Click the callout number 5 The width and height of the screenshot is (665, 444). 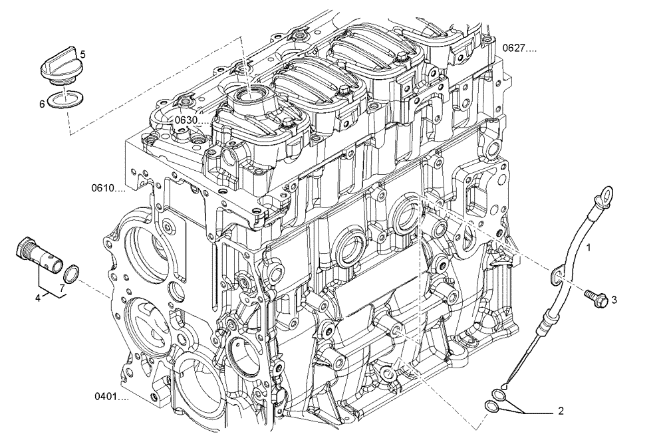tap(82, 53)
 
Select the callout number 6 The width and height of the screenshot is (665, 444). tap(42, 104)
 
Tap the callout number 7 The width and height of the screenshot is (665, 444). tap(61, 287)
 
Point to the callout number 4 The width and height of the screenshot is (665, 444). tap(38, 298)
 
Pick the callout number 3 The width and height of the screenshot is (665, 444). tap(614, 300)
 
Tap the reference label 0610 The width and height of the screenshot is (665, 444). tap(108, 189)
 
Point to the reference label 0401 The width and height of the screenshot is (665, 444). tap(111, 397)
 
